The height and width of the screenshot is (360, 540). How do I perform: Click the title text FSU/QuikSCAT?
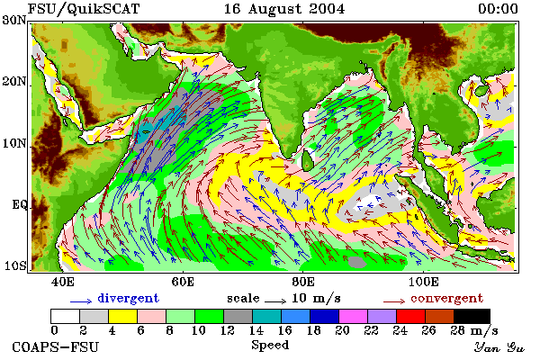tap(84, 9)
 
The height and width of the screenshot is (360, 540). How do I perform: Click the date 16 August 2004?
tap(284, 9)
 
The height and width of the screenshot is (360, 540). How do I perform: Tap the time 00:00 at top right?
tap(498, 9)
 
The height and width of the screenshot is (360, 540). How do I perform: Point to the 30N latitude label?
tap(14, 20)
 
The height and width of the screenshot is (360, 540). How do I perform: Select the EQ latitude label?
tap(19, 204)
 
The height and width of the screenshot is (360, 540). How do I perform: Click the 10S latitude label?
tap(14, 266)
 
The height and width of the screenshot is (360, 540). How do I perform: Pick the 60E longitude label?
tap(183, 282)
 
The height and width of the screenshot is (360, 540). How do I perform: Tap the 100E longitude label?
tap(424, 282)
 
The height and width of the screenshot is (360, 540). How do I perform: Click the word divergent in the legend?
tap(128, 298)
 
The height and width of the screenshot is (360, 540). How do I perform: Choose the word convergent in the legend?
tap(446, 298)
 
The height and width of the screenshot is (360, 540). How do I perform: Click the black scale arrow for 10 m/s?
tap(275, 301)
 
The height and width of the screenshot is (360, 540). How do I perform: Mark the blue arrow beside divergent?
tap(81, 301)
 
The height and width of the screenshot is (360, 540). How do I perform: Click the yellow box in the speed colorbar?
tap(122, 316)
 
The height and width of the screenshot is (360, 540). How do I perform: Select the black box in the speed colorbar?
tap(472, 316)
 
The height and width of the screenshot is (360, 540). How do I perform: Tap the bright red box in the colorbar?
tap(410, 316)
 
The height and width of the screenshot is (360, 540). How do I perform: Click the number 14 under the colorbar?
tap(256, 330)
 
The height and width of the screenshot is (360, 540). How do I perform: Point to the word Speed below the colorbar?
tap(270, 345)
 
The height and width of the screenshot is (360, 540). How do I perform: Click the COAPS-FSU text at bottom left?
tap(56, 346)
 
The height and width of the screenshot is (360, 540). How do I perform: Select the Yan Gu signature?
tap(499, 347)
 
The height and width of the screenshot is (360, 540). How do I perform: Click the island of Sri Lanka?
tap(307, 160)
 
